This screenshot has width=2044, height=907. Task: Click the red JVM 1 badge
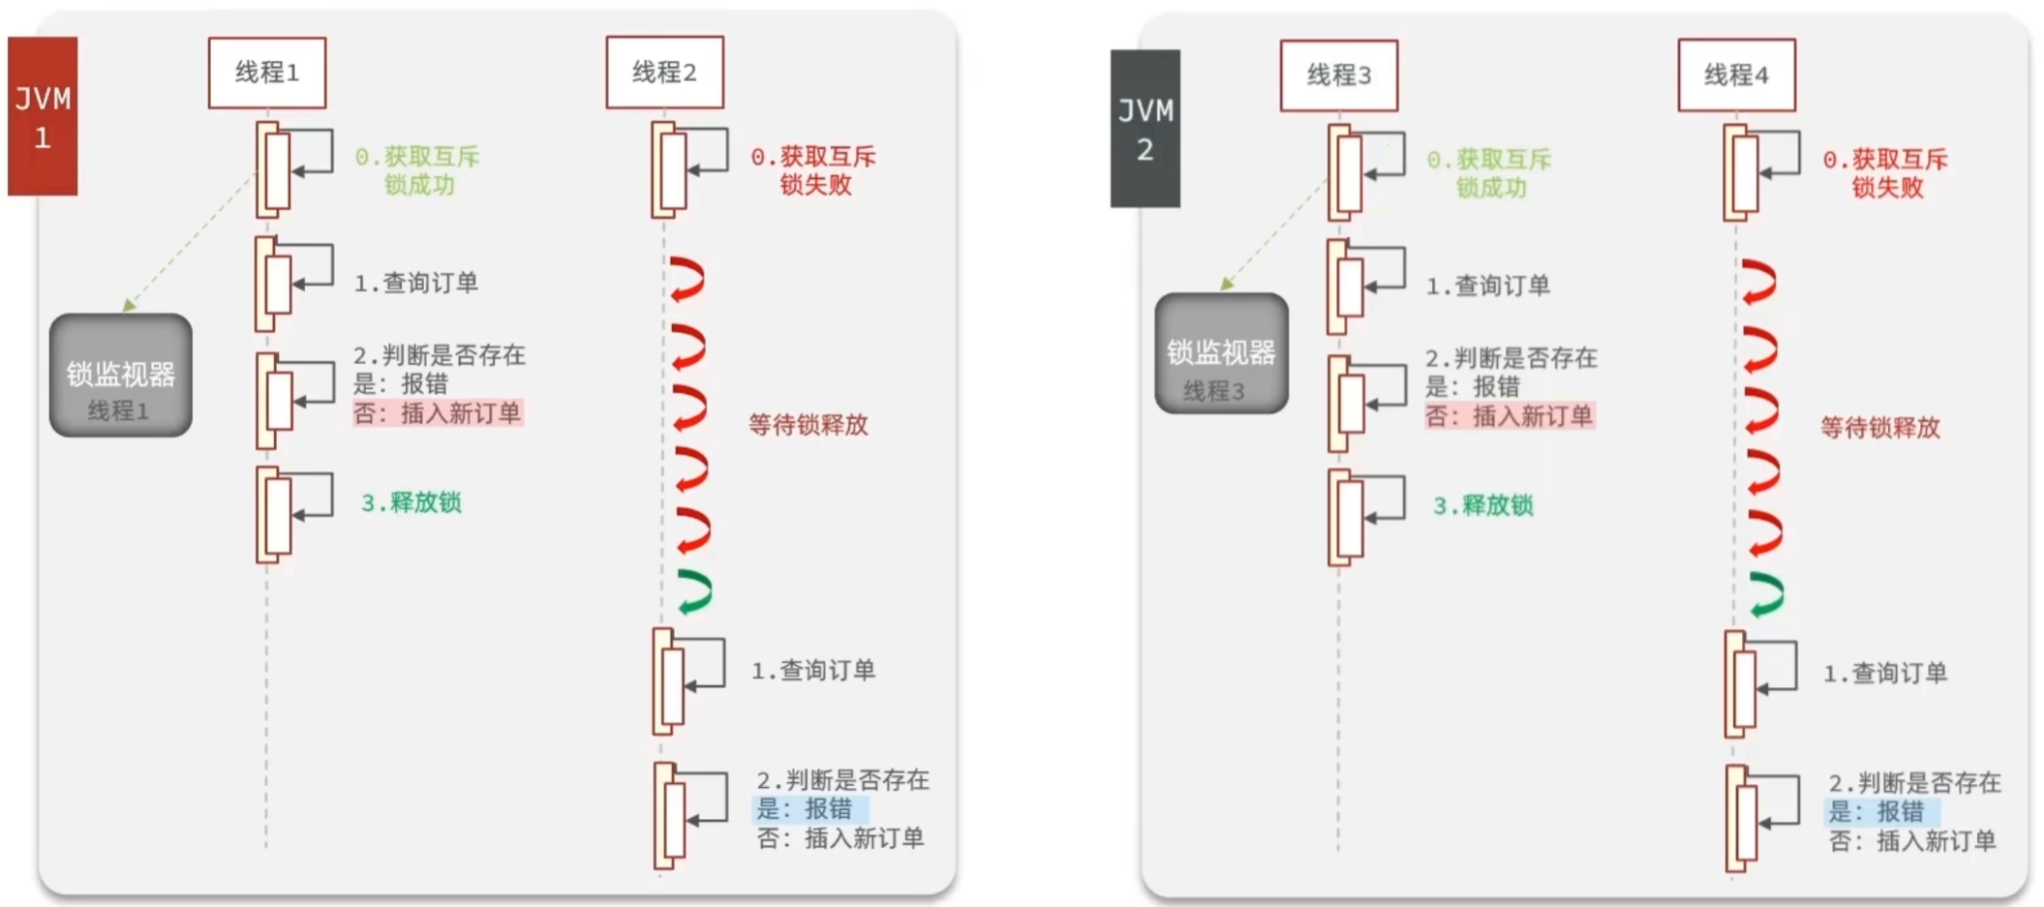pos(43,116)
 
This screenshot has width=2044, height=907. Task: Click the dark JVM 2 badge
pos(1144,129)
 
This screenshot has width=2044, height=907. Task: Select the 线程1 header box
pos(267,73)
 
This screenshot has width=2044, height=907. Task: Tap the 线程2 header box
pos(664,73)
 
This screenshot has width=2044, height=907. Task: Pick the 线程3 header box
pos(1338,76)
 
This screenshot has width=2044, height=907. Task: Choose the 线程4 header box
pos(1736,76)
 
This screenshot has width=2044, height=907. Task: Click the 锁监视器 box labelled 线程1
pos(121,376)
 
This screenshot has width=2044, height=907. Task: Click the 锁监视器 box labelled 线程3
pos(1221,354)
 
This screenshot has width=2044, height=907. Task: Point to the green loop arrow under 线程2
pos(695,591)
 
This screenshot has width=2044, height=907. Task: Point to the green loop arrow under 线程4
pos(1767,594)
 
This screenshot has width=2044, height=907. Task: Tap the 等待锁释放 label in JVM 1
pos(808,425)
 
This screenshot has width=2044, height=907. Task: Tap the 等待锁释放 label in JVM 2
pos(1880,428)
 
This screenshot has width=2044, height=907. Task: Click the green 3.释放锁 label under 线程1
pos(412,502)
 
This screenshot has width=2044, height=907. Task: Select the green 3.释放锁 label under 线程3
pos(1483,505)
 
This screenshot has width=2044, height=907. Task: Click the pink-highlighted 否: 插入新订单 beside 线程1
pos(438,413)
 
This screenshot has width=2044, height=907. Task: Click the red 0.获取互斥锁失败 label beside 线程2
pos(813,170)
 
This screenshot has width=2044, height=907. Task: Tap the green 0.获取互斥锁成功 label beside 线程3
pos(1489,173)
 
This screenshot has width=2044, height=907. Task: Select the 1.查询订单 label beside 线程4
pos(1885,674)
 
